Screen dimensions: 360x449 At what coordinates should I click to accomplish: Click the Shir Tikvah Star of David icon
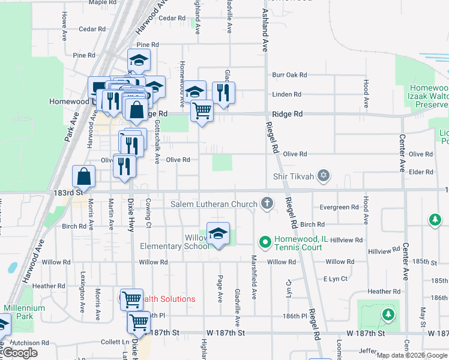click(x=324, y=175)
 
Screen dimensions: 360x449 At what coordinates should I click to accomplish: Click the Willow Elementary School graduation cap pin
click(x=218, y=233)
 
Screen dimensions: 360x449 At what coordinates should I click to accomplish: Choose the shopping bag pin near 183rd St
click(x=83, y=177)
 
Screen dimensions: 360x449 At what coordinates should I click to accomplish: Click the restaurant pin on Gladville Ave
click(x=223, y=93)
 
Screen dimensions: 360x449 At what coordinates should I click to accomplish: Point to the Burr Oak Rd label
click(x=289, y=75)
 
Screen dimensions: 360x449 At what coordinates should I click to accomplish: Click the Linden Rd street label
click(x=286, y=94)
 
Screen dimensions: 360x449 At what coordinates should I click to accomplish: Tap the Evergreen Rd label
click(x=339, y=208)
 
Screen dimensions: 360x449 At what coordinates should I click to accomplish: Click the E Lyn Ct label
click(x=336, y=279)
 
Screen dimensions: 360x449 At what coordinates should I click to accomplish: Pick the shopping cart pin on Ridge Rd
click(x=202, y=110)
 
